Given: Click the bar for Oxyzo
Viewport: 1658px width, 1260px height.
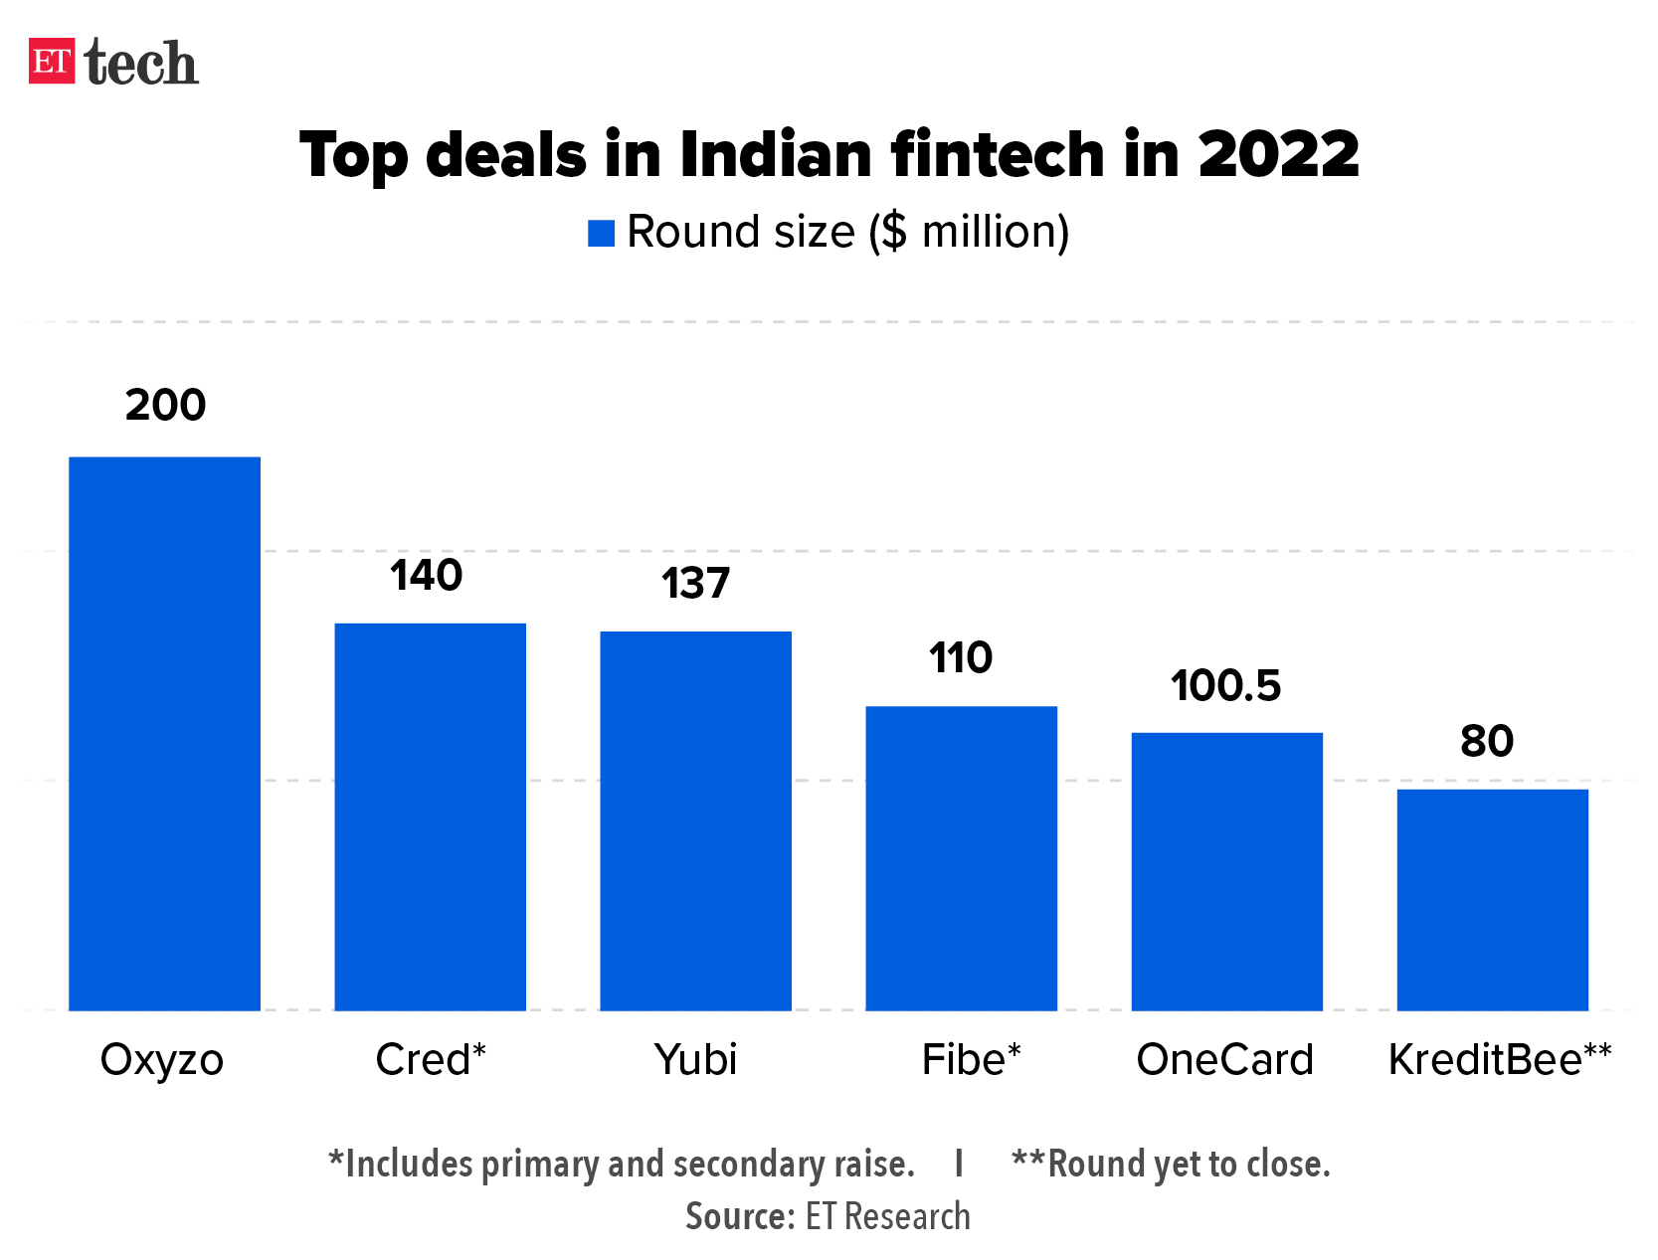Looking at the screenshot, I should click(164, 733).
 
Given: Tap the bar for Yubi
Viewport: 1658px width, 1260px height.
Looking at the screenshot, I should click(695, 820).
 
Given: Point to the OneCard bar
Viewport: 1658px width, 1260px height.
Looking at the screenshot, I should click(1226, 871).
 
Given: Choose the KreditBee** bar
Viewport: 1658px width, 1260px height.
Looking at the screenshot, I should click(1492, 899).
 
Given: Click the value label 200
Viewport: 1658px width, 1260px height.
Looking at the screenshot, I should click(165, 405).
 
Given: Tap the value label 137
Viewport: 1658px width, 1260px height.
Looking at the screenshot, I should click(695, 584).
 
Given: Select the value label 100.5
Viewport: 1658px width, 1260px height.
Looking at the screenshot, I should click(1225, 686).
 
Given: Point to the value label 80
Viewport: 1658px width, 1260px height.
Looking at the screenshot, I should click(1487, 741).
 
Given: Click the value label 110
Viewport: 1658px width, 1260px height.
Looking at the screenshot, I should click(961, 658).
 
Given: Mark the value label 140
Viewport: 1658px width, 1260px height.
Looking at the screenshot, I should click(426, 576).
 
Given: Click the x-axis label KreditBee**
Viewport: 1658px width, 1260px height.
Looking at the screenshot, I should click(1499, 1060).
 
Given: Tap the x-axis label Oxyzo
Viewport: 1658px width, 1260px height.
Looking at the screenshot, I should click(162, 1060).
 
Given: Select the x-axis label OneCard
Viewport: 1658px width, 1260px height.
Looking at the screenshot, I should click(1224, 1060).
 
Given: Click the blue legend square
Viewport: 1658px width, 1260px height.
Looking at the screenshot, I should click(601, 233).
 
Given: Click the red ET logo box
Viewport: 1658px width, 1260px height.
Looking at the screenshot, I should click(52, 61).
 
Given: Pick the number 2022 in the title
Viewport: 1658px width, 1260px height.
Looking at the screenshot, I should click(1277, 155).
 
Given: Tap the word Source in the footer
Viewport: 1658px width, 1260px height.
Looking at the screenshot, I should click(738, 1216).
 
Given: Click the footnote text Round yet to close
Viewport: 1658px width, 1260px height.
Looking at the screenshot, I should click(1188, 1164).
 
